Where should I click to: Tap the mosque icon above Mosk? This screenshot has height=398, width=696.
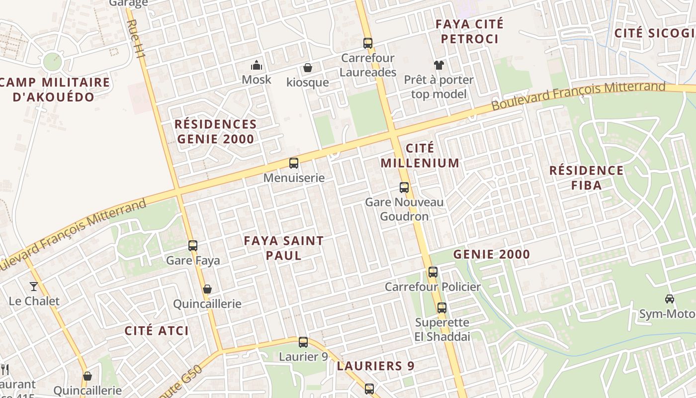(x=257, y=65)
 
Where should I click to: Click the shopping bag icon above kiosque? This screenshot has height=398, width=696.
(x=308, y=68)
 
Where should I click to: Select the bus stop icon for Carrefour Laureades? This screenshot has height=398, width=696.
(x=368, y=43)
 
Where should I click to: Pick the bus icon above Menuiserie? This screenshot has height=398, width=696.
(x=294, y=163)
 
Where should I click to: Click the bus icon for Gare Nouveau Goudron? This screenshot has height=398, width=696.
(x=404, y=188)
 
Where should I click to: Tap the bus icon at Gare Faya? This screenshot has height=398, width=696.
(x=193, y=245)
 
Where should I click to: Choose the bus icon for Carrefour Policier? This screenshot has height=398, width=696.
(x=433, y=272)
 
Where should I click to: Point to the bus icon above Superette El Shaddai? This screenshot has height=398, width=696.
(x=442, y=308)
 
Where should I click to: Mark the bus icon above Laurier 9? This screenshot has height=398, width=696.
(x=303, y=342)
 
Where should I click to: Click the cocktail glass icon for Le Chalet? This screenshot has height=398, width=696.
(x=34, y=286)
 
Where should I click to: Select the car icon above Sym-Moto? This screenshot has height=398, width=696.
(x=670, y=299)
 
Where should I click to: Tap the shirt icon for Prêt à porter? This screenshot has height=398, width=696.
(x=438, y=65)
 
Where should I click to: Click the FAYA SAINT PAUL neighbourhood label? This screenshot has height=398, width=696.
(x=283, y=248)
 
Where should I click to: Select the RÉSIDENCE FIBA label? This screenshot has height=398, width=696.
(x=586, y=178)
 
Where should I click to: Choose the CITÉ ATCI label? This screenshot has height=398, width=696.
(x=157, y=330)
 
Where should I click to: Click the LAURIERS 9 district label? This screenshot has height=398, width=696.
(x=375, y=366)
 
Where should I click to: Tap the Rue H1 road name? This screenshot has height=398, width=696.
(x=135, y=40)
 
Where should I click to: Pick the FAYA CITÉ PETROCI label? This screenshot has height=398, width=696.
(x=469, y=31)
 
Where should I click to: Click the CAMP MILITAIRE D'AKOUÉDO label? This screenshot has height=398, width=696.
(x=54, y=90)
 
